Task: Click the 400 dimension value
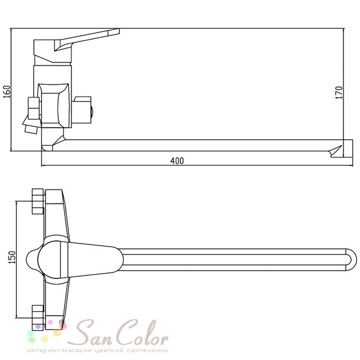177,161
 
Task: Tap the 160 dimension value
7,92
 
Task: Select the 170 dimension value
339,92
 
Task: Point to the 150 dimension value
12,257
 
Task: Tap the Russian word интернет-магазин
59,350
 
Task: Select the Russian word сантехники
147,350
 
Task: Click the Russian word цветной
109,350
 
